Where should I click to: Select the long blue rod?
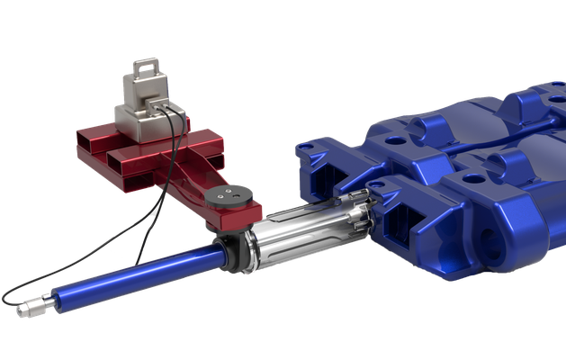(135, 274)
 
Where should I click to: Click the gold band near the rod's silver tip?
(44, 304)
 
